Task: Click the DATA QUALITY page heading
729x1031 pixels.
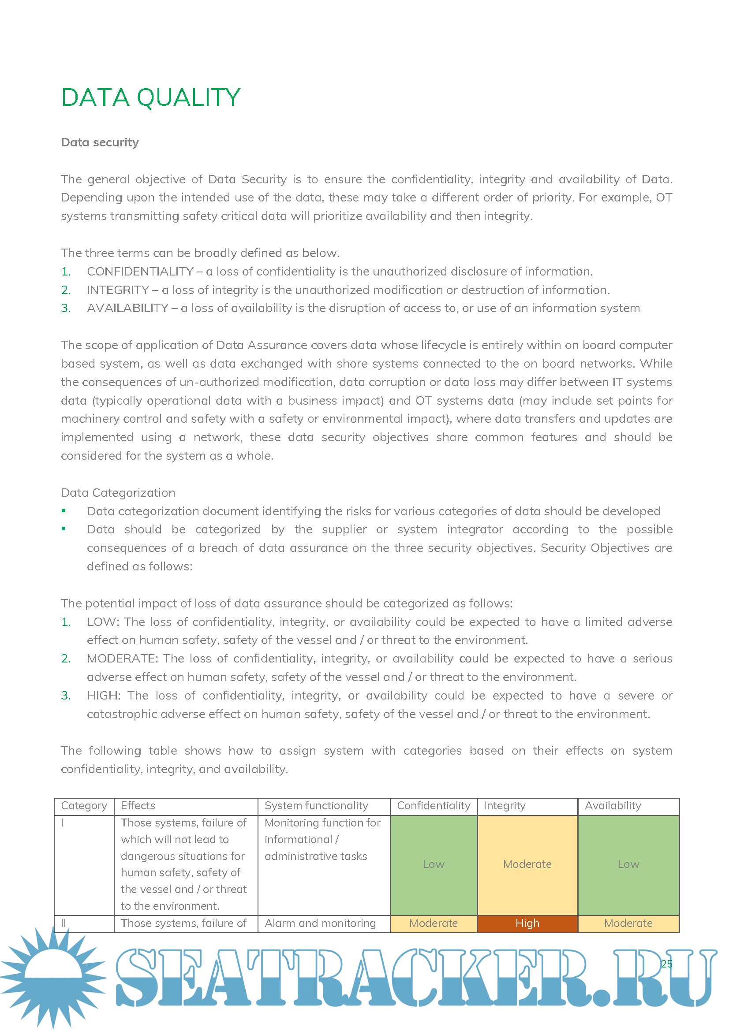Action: click(x=151, y=97)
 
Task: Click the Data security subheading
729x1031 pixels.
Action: click(x=100, y=142)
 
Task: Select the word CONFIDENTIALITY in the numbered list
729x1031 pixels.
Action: click(x=140, y=272)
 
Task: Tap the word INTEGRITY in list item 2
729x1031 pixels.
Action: click(x=118, y=290)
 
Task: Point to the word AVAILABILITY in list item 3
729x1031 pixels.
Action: click(x=127, y=309)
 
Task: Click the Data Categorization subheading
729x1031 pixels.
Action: click(x=118, y=493)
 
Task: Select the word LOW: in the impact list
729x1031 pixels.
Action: click(x=103, y=622)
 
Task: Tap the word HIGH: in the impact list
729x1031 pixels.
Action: click(x=103, y=696)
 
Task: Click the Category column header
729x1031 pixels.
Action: click(x=84, y=806)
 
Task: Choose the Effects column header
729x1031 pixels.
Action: click(x=138, y=806)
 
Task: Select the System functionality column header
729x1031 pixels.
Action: click(x=316, y=806)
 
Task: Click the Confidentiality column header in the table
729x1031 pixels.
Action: click(x=434, y=806)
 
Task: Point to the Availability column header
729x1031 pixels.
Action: click(x=613, y=806)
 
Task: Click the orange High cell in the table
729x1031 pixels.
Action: click(x=527, y=923)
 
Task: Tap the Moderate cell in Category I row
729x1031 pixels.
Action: click(x=527, y=864)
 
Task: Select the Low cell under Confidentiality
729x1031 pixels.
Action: click(x=434, y=864)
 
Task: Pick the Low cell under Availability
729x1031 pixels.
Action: click(x=628, y=864)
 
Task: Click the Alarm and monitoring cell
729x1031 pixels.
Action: click(x=320, y=923)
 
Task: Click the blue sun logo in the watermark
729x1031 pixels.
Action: click(x=53, y=975)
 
